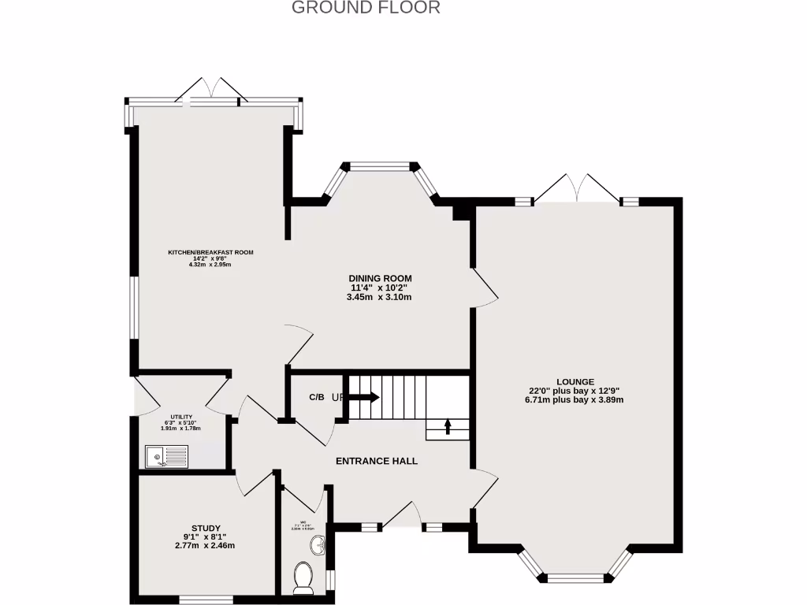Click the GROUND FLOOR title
[x=366, y=8]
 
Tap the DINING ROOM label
[x=381, y=279]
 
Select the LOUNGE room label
[x=575, y=381]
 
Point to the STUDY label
[x=206, y=528]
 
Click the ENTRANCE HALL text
[x=377, y=461]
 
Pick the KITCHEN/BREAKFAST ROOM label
[x=210, y=253]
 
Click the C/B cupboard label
[x=316, y=397]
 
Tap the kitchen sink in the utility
[x=166, y=456]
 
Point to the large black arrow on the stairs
[x=364, y=397]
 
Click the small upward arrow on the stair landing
[x=448, y=426]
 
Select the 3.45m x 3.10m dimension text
[x=381, y=297]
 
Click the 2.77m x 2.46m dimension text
[x=206, y=545]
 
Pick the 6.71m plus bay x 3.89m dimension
[x=575, y=399]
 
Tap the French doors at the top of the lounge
[x=577, y=189]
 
